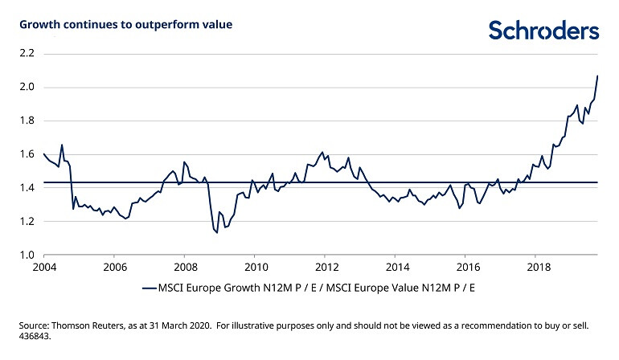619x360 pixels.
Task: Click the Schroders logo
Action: pos(543,31)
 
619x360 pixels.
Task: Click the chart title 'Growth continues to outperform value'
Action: pos(125,25)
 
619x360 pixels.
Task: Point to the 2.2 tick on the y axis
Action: pos(27,54)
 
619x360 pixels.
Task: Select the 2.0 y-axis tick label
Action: pos(27,88)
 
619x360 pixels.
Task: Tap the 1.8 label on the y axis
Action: pos(27,121)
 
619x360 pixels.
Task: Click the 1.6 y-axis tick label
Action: pos(27,154)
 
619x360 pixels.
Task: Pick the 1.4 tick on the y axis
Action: pos(27,188)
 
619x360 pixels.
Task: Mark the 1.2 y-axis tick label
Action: pos(27,222)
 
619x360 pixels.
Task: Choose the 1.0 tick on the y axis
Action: pos(27,256)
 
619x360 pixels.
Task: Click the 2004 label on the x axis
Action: pos(43,267)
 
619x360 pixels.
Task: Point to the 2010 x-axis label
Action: pos(256,267)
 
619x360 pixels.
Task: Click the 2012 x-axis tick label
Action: pos(326,267)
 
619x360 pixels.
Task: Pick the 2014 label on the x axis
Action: pos(396,267)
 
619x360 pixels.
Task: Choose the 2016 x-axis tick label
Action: pos(467,267)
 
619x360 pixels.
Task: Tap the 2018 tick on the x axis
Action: pos(538,267)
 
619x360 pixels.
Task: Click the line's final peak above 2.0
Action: pos(597,76)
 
